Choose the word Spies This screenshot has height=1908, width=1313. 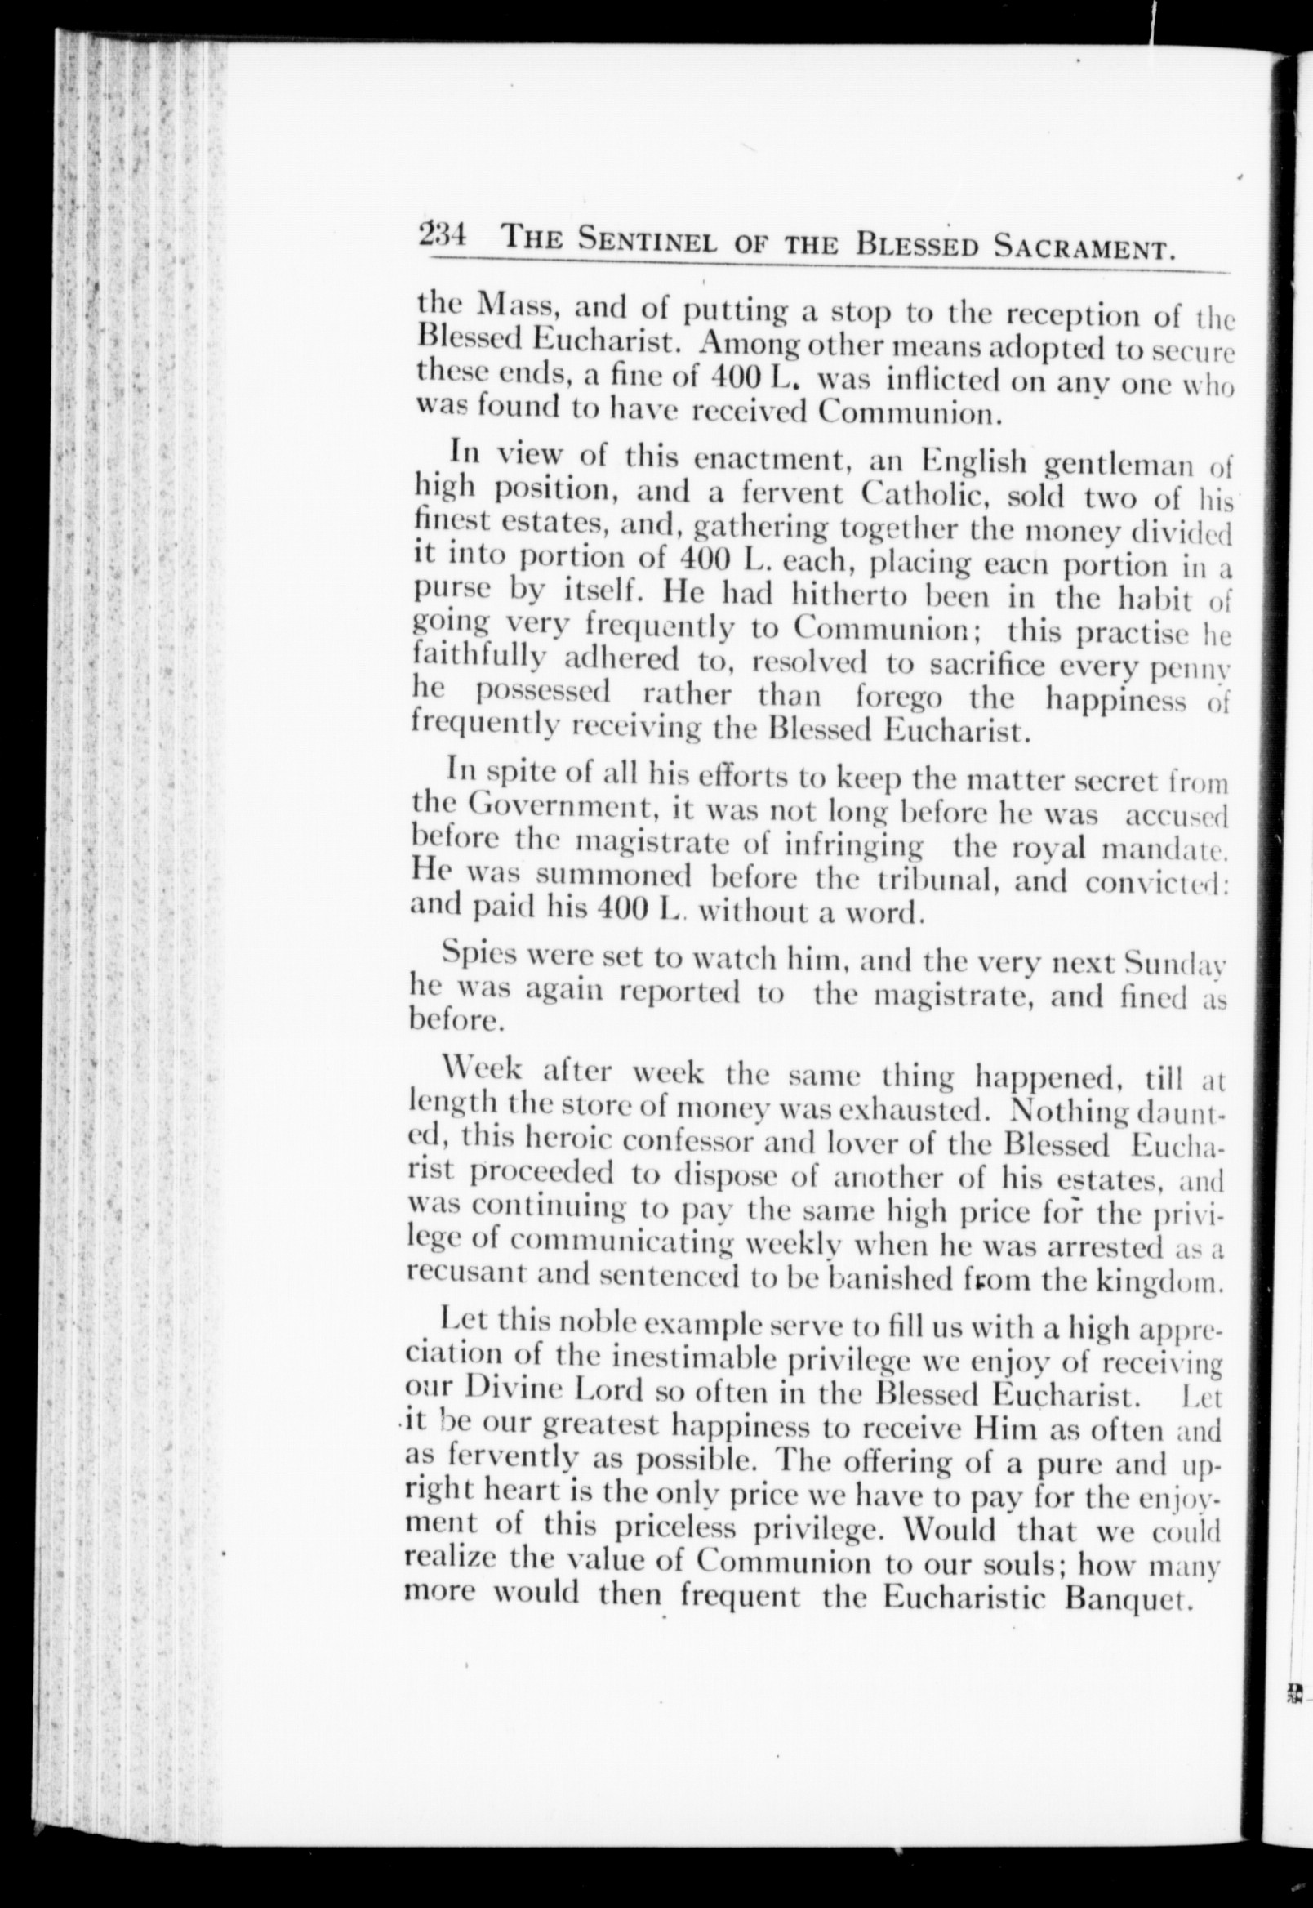[478, 955]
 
